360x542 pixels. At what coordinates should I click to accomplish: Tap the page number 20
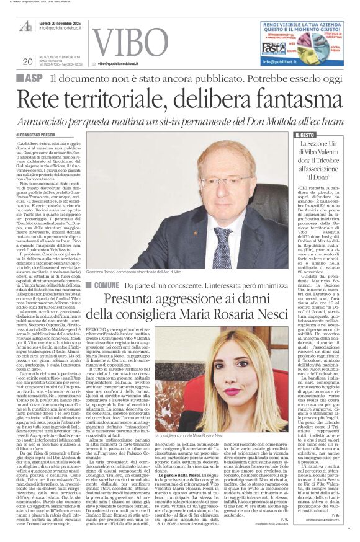27,61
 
